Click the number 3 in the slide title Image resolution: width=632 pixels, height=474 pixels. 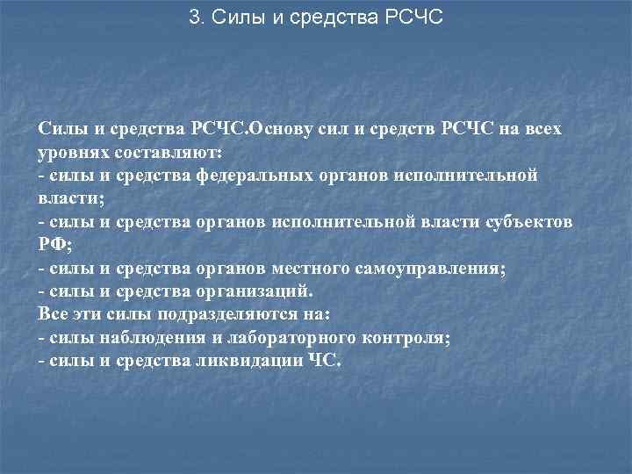click(194, 18)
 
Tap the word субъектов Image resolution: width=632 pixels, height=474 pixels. click(531, 222)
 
